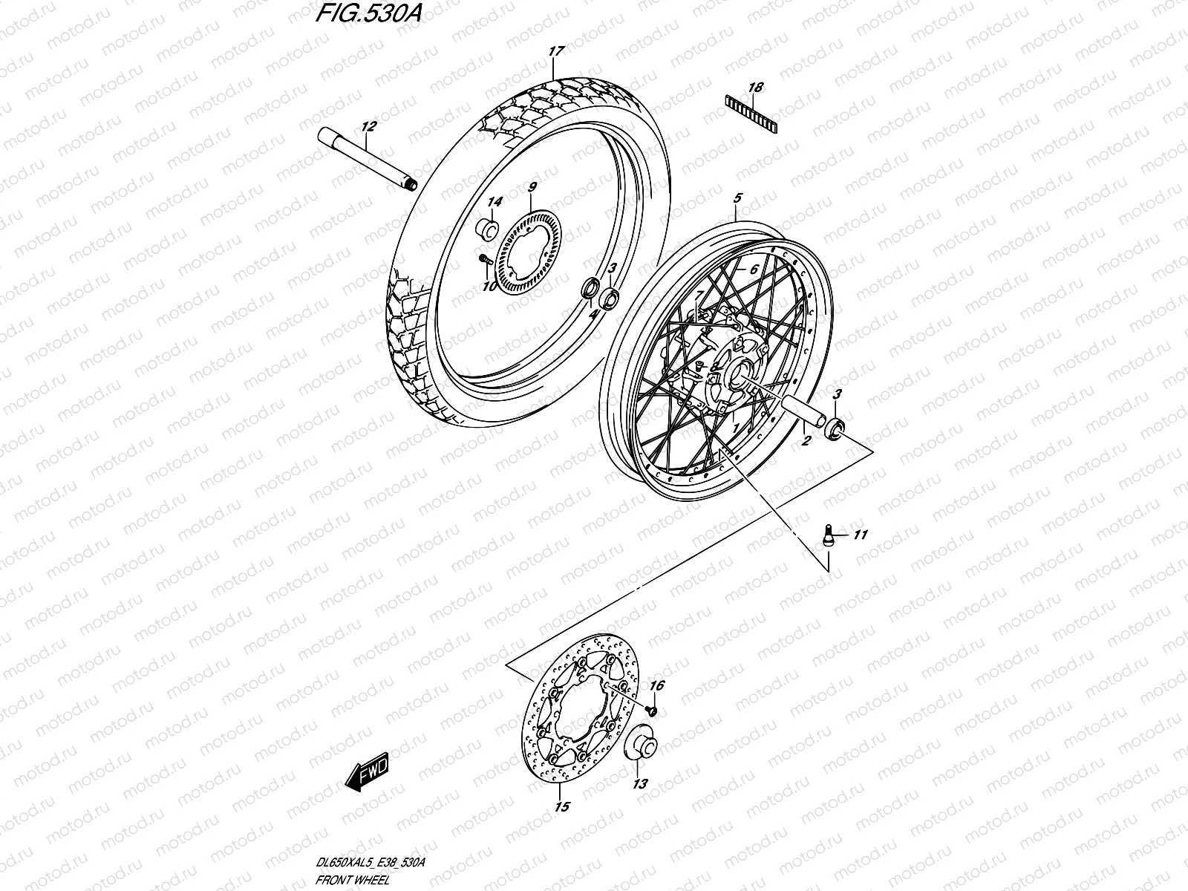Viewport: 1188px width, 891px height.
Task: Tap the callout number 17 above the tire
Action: (x=556, y=51)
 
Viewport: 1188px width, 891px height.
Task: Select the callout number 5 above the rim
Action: (x=737, y=198)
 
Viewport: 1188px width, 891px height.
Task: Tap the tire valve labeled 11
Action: (x=829, y=535)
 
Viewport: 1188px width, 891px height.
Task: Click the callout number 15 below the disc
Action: (x=562, y=807)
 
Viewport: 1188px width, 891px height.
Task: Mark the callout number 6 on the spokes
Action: (x=753, y=270)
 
